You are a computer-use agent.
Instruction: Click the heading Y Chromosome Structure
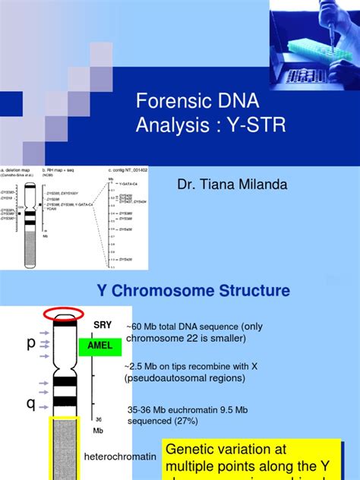point(192,291)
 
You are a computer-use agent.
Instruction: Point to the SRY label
point(102,325)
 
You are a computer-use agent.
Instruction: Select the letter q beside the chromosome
point(30,403)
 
